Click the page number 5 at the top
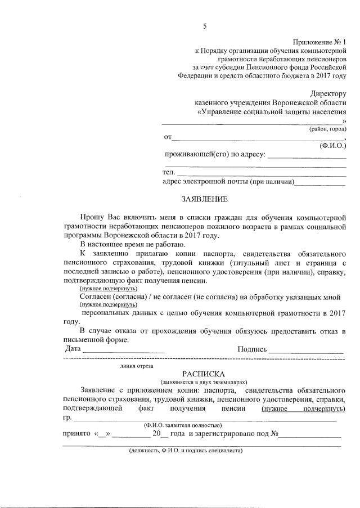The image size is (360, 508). coord(205,26)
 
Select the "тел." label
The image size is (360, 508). coord(169,172)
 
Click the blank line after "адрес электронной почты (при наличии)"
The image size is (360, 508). coord(321,182)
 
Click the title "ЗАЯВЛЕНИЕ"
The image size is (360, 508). coord(204,199)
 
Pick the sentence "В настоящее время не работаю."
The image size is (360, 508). coord(132,244)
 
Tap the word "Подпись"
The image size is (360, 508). coord(252,349)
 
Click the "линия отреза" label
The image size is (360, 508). coord(137,365)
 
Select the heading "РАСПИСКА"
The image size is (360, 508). coord(204,374)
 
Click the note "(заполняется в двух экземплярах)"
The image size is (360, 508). coord(204,381)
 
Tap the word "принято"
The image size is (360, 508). coord(77,434)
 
